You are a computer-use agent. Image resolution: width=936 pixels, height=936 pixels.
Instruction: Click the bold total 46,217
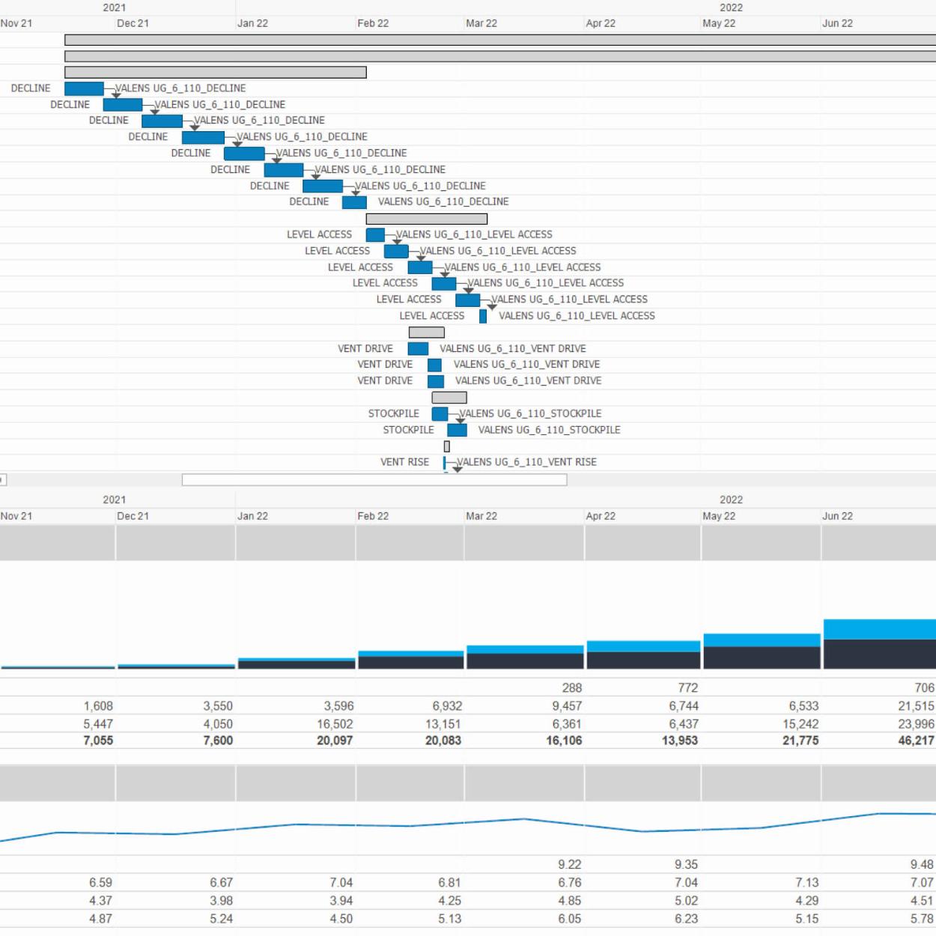pos(916,741)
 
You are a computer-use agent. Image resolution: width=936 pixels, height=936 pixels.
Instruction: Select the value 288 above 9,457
pos(571,687)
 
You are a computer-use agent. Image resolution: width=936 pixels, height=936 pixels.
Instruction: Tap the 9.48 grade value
pos(921,864)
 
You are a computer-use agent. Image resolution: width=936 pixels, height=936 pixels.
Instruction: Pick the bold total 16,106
pos(564,741)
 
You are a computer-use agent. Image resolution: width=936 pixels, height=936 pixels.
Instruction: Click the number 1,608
pos(98,706)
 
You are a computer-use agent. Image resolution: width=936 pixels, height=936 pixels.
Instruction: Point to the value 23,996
pos(916,724)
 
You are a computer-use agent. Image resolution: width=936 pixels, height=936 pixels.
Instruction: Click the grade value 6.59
pos(100,883)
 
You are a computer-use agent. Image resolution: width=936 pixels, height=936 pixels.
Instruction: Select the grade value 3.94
pos(341,901)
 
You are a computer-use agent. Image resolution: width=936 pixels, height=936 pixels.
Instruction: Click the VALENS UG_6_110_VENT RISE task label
pos(526,462)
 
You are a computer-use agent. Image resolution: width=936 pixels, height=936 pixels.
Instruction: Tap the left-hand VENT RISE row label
pos(404,462)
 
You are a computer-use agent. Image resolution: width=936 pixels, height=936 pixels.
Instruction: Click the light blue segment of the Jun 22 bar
pos(879,629)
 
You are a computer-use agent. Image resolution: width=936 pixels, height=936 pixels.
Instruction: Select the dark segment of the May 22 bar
pos(762,657)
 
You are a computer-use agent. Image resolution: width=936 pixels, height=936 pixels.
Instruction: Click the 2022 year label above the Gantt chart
pos(731,7)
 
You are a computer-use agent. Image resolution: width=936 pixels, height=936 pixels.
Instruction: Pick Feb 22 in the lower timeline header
pos(373,516)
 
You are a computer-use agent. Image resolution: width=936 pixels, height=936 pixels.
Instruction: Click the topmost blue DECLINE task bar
pos(84,88)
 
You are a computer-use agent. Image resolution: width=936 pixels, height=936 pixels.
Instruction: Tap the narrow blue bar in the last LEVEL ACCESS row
pos(483,316)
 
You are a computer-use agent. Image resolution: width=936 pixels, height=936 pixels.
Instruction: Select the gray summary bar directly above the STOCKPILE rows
pos(449,398)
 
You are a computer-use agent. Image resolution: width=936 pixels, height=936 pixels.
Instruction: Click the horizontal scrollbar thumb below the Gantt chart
pos(374,480)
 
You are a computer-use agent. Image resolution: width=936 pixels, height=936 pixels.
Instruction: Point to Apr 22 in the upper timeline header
pos(601,23)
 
